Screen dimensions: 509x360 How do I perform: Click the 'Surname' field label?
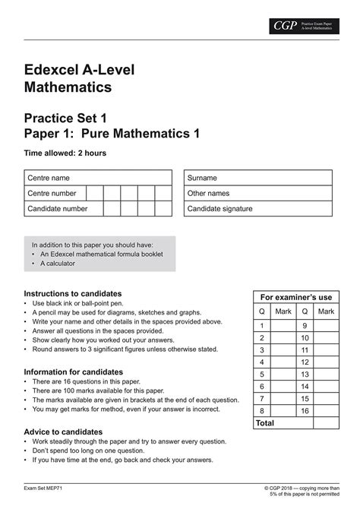[x=202, y=177]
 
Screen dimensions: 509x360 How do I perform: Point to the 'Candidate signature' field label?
[x=220, y=208]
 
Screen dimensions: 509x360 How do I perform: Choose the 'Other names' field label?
[x=208, y=193]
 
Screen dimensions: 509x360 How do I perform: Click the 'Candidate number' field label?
[x=58, y=208]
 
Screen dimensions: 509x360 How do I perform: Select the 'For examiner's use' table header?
[x=296, y=297]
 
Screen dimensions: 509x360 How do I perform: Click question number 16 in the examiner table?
[x=305, y=410]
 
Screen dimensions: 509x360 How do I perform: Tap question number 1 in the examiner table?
[x=262, y=325]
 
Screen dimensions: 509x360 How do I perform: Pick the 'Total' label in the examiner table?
[x=266, y=422]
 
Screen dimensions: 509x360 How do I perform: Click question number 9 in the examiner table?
[x=305, y=325]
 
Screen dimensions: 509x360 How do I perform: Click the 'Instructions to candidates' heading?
[x=73, y=293]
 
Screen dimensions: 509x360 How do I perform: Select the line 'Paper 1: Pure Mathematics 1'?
[x=106, y=134]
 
